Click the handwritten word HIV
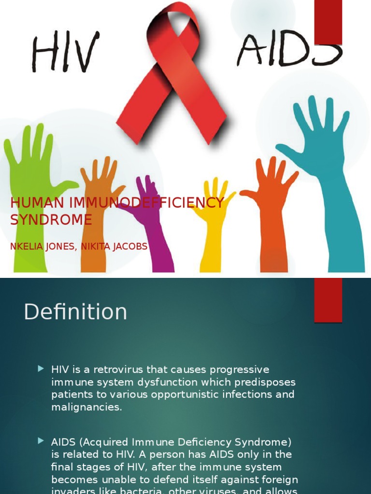pyautogui.click(x=65, y=51)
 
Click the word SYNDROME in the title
pyautogui.click(x=51, y=220)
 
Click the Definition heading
pyautogui.click(x=75, y=312)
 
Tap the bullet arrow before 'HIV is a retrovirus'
pyautogui.click(x=41, y=369)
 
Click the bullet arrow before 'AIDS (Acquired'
pyautogui.click(x=41, y=441)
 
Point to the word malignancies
pyautogui.click(x=86, y=407)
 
